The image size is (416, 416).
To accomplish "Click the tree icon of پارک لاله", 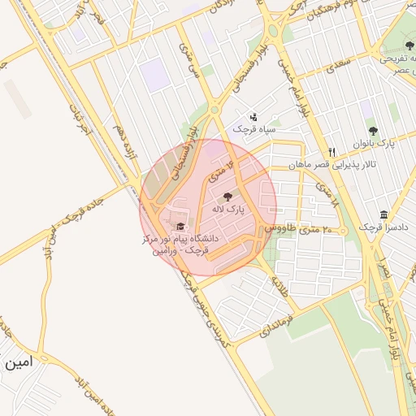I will [227, 196].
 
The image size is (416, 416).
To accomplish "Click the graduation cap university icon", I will [180, 227].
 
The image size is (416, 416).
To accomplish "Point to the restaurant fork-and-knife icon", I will [331, 153].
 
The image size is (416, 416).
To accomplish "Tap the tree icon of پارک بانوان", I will [373, 130].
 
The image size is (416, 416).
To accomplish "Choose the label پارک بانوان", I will [374, 143].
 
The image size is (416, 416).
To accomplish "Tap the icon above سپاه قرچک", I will [253, 117].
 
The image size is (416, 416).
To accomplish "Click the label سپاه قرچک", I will [254, 130].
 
